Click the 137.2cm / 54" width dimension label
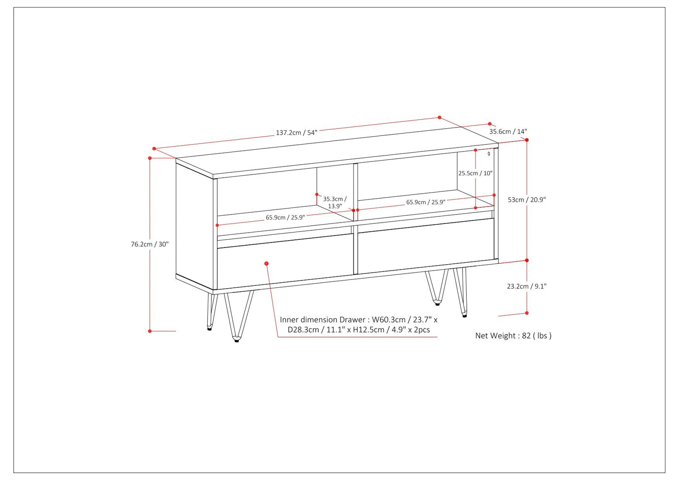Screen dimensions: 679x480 (x=296, y=133)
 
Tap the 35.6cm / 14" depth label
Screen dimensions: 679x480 (x=508, y=132)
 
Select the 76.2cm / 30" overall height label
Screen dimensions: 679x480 (x=149, y=244)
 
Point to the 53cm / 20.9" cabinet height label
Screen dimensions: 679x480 (x=527, y=200)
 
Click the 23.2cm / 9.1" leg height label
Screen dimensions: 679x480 (x=527, y=286)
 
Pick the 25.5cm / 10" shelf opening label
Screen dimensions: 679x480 (x=475, y=173)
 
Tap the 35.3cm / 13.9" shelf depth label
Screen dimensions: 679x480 (x=335, y=202)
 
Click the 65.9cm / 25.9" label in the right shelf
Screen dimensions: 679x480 (x=426, y=202)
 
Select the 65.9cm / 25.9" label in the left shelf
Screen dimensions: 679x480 (x=285, y=217)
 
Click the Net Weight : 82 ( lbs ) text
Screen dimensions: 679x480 (x=513, y=336)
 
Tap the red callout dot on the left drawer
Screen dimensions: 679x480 (x=267, y=264)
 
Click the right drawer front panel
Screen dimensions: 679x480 (x=426, y=246)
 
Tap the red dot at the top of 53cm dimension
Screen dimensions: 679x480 (x=527, y=140)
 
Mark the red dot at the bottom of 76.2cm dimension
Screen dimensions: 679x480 (x=150, y=331)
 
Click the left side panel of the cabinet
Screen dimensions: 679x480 (x=194, y=224)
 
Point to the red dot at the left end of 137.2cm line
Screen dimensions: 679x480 (x=154, y=148)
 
